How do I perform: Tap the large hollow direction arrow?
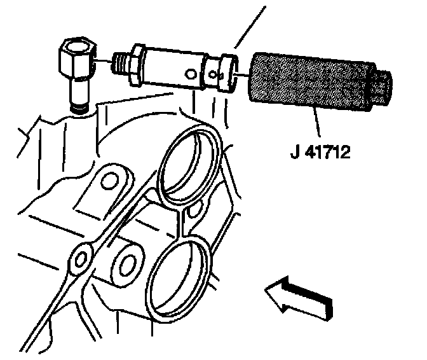click(x=297, y=298)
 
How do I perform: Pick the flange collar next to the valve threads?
click(x=134, y=66)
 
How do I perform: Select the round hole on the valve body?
click(x=189, y=75)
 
